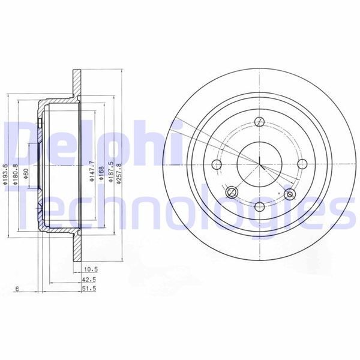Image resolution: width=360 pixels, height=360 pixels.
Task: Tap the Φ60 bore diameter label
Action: [27, 173]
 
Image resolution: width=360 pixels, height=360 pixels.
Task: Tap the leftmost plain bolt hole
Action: [217, 164]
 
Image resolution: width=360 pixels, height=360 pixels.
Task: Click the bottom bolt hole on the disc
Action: [259, 206]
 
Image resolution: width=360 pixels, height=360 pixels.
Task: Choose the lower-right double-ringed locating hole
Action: [290, 194]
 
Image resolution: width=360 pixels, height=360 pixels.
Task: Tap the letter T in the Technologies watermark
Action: [24, 210]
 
